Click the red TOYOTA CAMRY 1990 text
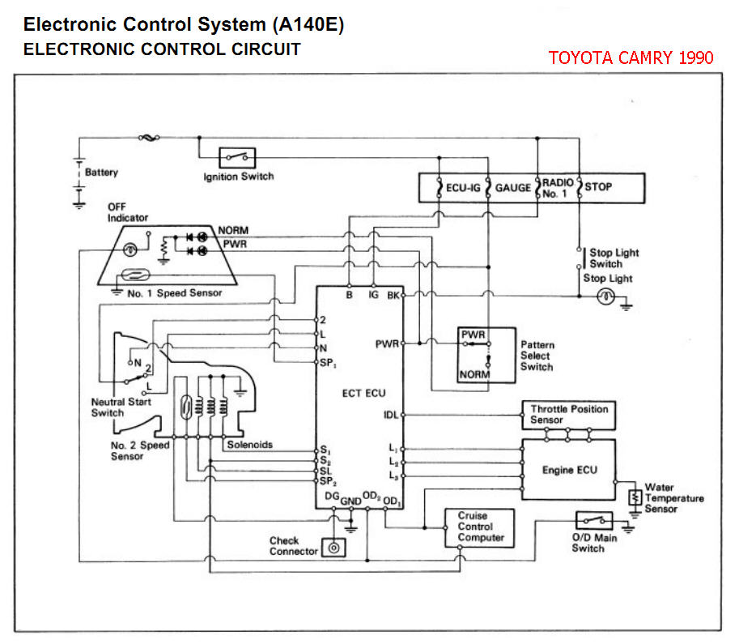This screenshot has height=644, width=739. [631, 58]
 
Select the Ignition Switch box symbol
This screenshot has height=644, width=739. [238, 157]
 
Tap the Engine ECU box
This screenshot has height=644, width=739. [569, 470]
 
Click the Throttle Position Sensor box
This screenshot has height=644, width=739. [569, 415]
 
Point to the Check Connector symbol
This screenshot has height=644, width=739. [333, 548]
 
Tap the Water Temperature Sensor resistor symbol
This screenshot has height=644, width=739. [636, 496]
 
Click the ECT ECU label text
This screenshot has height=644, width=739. [363, 393]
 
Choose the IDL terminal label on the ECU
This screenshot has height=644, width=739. [391, 415]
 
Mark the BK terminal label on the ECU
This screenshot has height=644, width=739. [393, 296]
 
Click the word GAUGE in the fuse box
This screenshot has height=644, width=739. [513, 187]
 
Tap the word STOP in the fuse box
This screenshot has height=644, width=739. [598, 187]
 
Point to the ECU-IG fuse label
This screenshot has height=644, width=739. [464, 187]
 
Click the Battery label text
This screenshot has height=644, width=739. [101, 173]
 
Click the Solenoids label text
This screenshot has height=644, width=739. [249, 445]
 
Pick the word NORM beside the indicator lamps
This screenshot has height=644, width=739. [233, 231]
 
